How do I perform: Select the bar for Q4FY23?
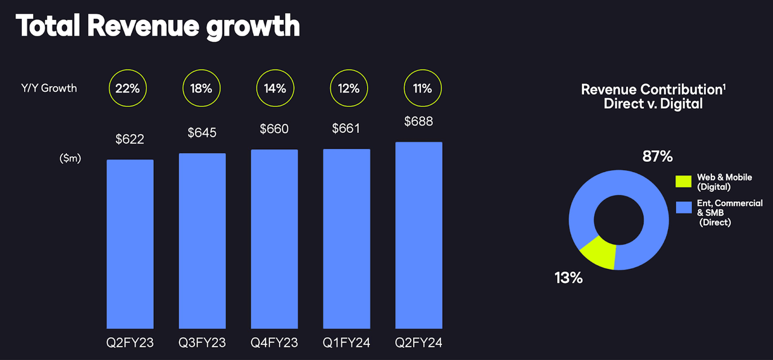coord(274,239)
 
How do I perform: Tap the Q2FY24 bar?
coord(419,235)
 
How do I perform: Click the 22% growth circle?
coord(128,88)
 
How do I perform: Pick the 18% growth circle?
coord(202,88)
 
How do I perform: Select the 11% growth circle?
coord(422,88)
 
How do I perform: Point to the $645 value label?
coord(202,131)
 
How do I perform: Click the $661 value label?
coord(347,128)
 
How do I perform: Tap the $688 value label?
coord(419,121)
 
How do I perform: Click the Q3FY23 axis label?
coord(202,343)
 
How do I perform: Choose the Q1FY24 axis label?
coord(347,343)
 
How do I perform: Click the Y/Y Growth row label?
coord(50,88)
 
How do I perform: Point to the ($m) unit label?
coord(70,158)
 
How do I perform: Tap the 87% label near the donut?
coord(657,156)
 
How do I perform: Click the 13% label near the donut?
coord(568,278)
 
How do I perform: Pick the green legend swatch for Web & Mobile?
coord(684,182)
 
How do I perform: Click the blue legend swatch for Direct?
coord(684,208)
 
